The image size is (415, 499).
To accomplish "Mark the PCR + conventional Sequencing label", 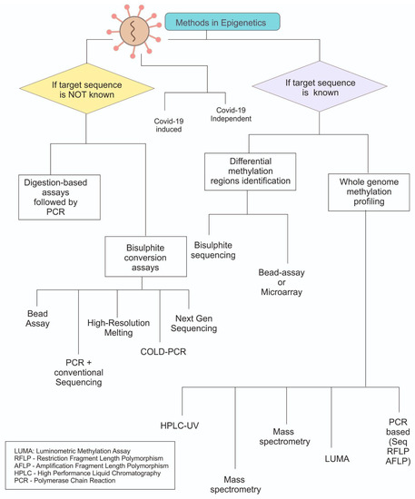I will click(x=73, y=372).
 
